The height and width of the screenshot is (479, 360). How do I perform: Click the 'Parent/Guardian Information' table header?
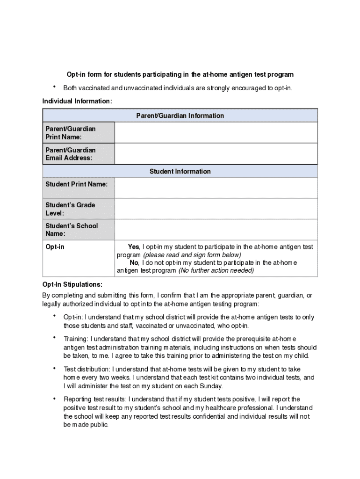pos(180,116)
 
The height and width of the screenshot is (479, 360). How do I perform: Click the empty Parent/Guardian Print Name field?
pos(216,133)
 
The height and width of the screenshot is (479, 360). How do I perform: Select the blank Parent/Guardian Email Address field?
pos(216,154)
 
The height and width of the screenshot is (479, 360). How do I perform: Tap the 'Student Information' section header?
pos(180,172)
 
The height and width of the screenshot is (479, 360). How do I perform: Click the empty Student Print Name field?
pos(216,188)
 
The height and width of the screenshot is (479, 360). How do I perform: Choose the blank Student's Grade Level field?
pos(216,209)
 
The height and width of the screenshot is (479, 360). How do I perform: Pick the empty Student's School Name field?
pos(216,230)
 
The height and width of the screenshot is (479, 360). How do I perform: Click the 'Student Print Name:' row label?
pos(76,184)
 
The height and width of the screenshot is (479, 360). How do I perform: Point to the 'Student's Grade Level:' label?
pos(70,209)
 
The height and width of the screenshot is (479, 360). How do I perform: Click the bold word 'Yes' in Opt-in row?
pos(133,247)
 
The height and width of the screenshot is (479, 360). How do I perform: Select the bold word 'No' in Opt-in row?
pos(134,263)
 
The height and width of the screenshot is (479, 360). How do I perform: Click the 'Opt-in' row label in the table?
pos(55,247)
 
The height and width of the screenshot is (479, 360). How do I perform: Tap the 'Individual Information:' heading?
pos(77,102)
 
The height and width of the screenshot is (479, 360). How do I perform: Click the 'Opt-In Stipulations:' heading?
pos(72,284)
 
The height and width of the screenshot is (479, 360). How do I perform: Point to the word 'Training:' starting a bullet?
pos(76,339)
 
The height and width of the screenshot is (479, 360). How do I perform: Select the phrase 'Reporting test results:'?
pos(95,399)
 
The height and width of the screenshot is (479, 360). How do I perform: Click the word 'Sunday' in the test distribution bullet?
pos(211,386)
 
